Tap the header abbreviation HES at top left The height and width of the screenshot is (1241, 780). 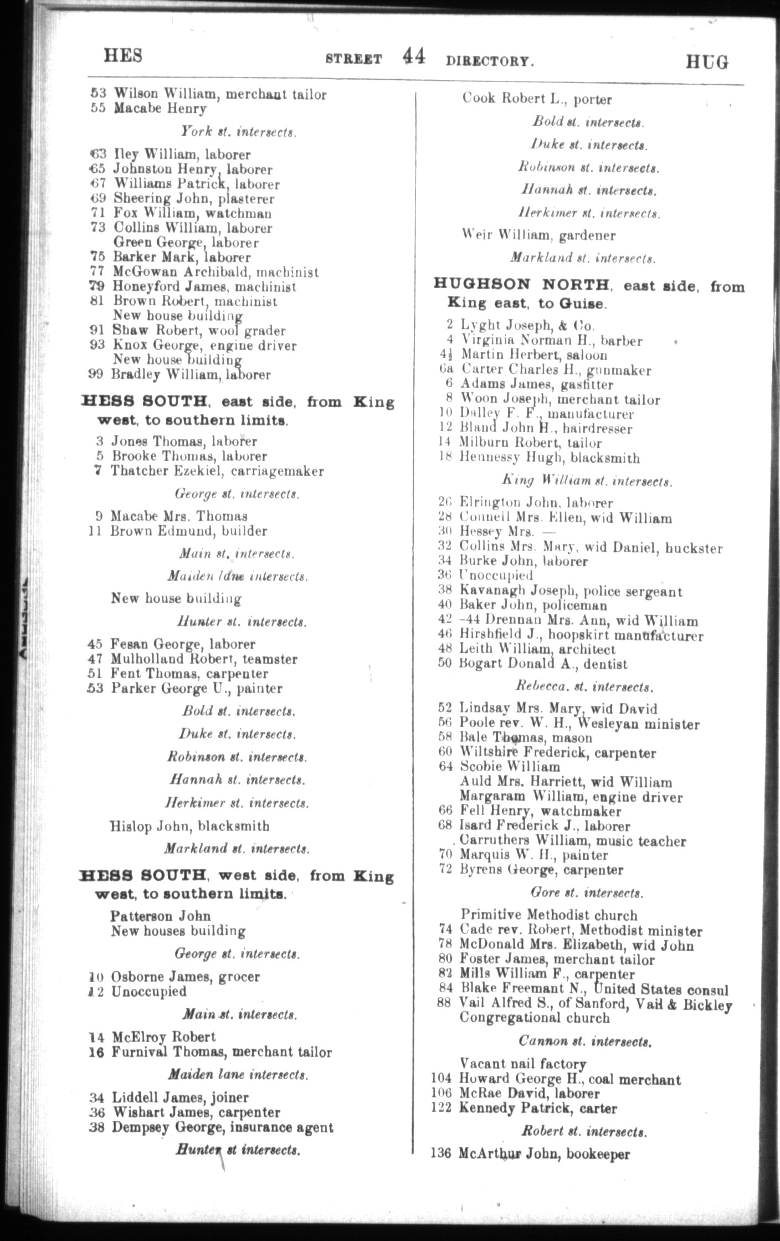pos(123,56)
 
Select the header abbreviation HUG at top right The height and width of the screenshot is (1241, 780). pos(707,61)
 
